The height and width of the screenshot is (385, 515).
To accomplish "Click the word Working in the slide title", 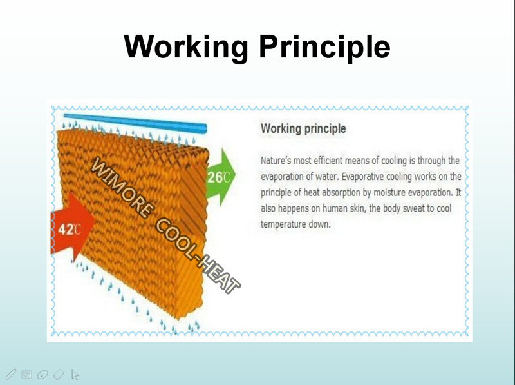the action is pyautogui.click(x=186, y=46).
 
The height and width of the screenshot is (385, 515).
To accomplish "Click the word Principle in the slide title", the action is pyautogui.click(x=324, y=46).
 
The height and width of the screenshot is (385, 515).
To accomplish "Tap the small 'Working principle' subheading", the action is pyautogui.click(x=303, y=128).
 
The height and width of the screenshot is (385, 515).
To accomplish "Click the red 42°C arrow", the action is pyautogui.click(x=72, y=227).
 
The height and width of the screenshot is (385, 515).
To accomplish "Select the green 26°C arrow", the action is pyautogui.click(x=220, y=177).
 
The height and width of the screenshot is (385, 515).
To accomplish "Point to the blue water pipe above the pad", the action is pyautogui.click(x=135, y=123).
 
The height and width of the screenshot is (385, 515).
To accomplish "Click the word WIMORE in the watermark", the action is pyautogui.click(x=122, y=188).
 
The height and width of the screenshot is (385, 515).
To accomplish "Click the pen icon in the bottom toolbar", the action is pyautogui.click(x=10, y=375).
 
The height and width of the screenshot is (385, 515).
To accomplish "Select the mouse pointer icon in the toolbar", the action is pyautogui.click(x=75, y=375).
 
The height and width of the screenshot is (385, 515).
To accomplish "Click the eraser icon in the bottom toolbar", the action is pyautogui.click(x=59, y=375).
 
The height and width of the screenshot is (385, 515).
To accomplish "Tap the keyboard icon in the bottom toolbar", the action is pyautogui.click(x=26, y=375).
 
